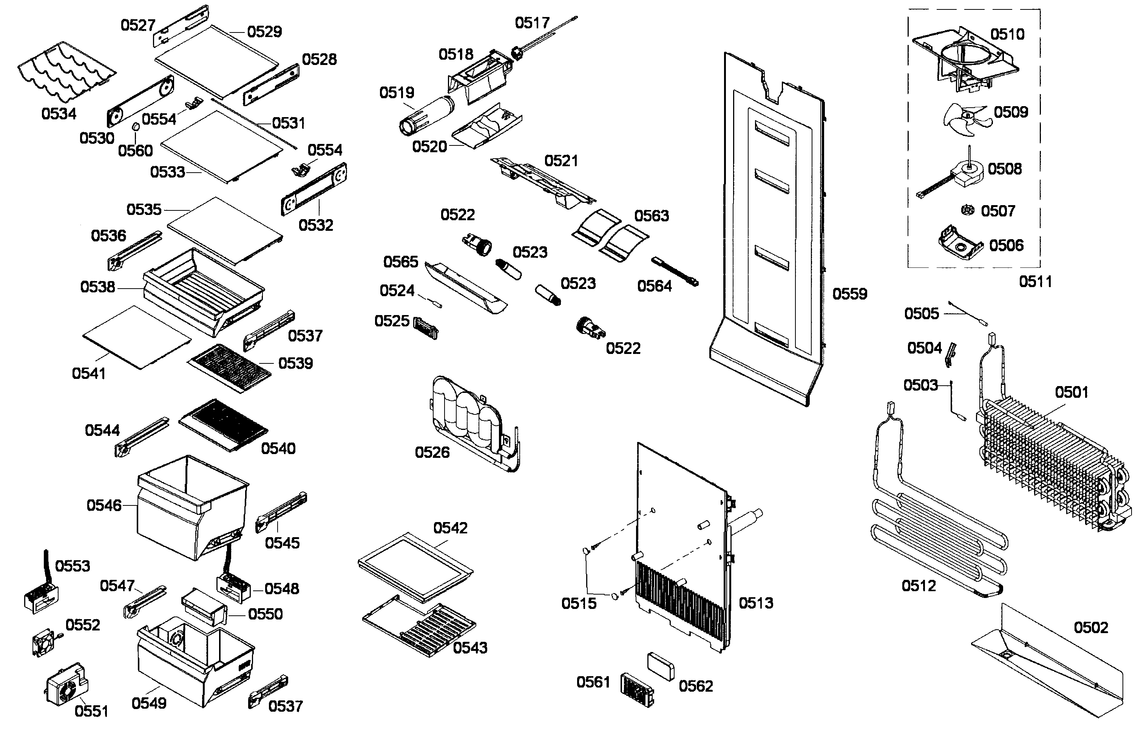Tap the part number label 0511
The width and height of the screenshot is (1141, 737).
(x=1035, y=282)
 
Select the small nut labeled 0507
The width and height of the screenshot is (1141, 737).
(x=967, y=210)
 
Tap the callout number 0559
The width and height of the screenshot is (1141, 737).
(x=850, y=294)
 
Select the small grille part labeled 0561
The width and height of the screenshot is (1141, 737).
(x=637, y=690)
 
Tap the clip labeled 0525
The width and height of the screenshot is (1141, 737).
(x=425, y=328)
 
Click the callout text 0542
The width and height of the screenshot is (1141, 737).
(x=450, y=528)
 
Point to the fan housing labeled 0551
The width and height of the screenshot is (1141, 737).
(x=67, y=685)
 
